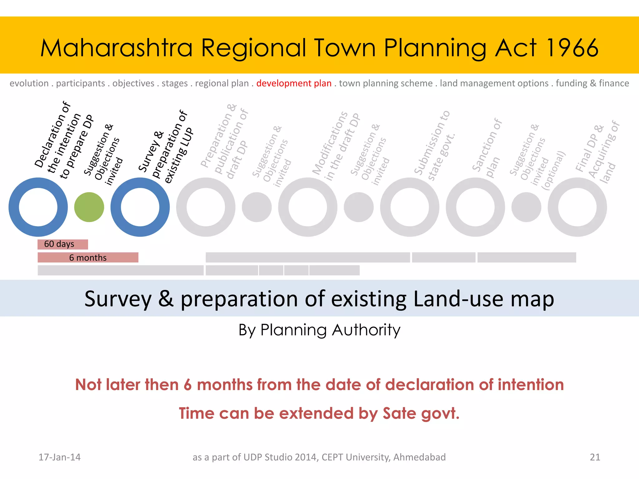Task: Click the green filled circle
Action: [x=89, y=207]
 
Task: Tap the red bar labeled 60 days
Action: [x=62, y=244]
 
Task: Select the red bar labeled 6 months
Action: [x=88, y=258]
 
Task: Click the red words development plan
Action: [x=294, y=83]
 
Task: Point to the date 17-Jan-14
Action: [x=59, y=457]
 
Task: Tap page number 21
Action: [x=595, y=457]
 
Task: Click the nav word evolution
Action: [x=29, y=83]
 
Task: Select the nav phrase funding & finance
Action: [x=592, y=83]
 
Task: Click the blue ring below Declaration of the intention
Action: [x=14, y=207]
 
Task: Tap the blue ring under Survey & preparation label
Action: [x=116, y=207]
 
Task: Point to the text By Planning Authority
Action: [x=319, y=330]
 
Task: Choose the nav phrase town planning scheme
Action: [x=386, y=83]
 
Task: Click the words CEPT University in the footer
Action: [x=356, y=457]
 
